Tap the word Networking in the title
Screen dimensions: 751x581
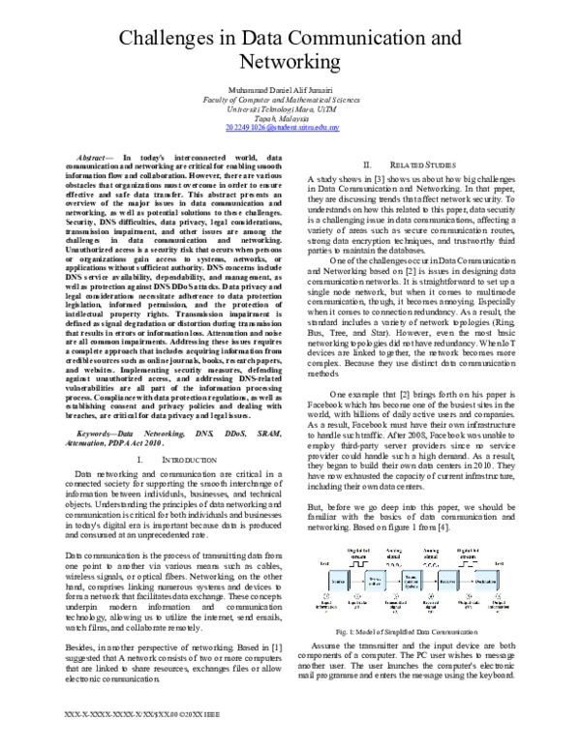290,63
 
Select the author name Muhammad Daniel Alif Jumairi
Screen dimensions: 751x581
290,89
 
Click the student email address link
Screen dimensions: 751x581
290,126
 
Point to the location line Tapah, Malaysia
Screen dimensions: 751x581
290,116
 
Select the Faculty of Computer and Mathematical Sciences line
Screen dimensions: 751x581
290,99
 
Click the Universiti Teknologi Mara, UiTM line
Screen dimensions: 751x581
290,107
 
